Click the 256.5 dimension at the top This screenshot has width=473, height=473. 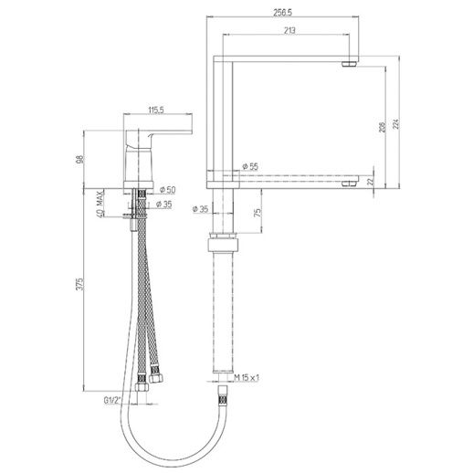click(x=283, y=13)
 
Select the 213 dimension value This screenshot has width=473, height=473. click(x=289, y=30)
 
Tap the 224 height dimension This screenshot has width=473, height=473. click(x=395, y=124)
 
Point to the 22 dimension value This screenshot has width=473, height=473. click(x=370, y=182)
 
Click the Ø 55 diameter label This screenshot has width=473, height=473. click(x=250, y=166)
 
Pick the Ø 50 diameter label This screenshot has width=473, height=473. click(x=167, y=190)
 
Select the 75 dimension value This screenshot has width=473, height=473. click(x=258, y=212)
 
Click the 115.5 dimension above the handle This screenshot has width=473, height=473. click(x=156, y=110)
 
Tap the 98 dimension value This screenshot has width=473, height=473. click(x=79, y=159)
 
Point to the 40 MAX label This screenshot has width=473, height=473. click(x=100, y=204)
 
